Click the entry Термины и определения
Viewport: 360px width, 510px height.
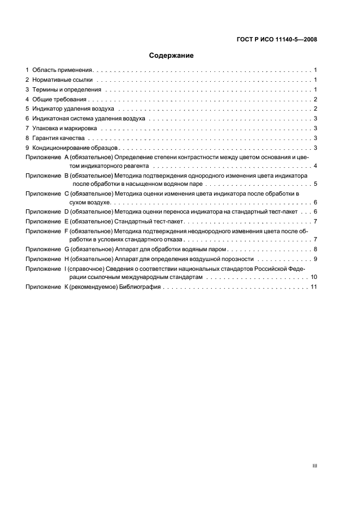coord(66,89)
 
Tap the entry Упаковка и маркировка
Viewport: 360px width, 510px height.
coord(65,129)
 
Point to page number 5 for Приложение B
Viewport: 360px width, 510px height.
coord(315,184)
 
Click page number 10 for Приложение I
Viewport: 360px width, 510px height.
coord(314,277)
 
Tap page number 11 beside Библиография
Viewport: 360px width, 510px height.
coord(314,287)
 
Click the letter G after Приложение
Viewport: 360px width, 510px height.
coord(67,249)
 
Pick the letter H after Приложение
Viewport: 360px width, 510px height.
coord(67,259)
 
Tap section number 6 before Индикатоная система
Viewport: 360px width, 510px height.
coord(27,118)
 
